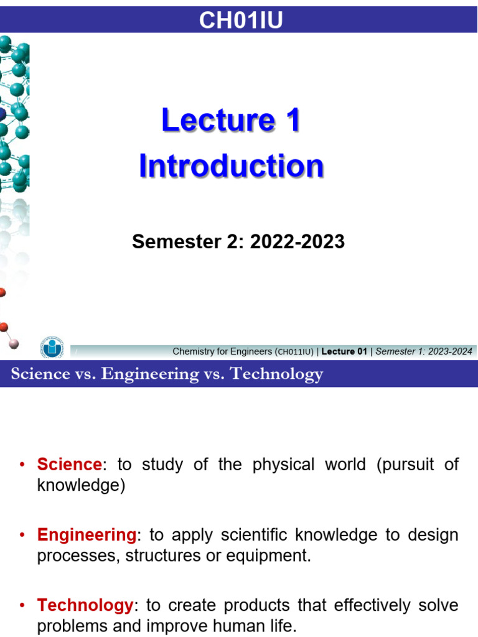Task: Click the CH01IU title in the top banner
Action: point(241,21)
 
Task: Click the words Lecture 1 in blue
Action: point(230,120)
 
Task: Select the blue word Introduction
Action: point(231,167)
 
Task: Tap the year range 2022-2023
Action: point(297,242)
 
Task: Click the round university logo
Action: point(52,347)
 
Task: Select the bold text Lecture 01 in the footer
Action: point(344,351)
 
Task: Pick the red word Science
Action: point(69,465)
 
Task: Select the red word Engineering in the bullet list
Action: point(87,535)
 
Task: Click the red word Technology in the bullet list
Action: point(85,605)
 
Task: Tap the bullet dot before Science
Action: point(23,465)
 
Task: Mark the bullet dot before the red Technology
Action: point(23,606)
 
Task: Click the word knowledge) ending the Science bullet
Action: point(81,486)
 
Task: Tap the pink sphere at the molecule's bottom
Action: point(14,343)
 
